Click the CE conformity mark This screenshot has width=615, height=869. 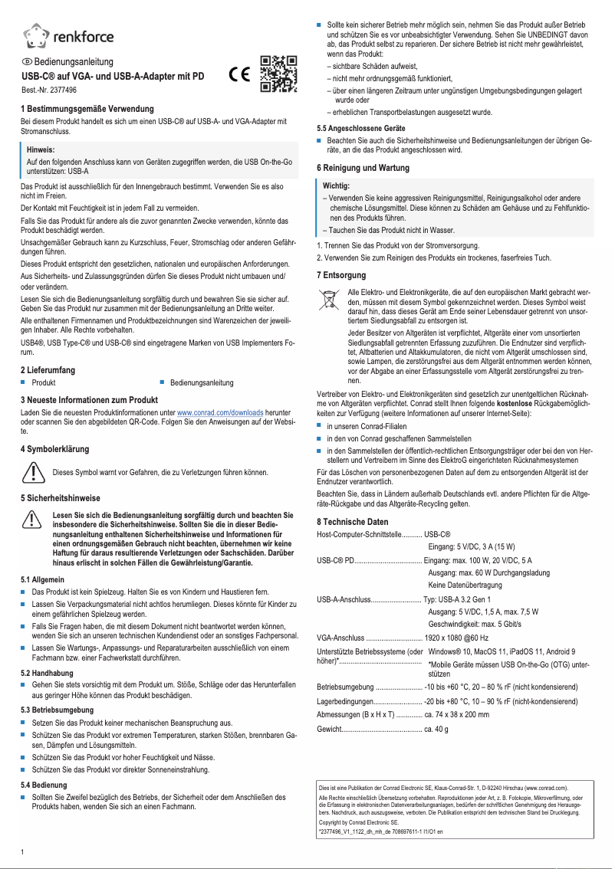pos(240,75)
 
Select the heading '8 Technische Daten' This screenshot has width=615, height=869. pos(353,521)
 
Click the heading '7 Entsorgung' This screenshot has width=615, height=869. pos(341,274)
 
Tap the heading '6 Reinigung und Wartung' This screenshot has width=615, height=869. pos(363,167)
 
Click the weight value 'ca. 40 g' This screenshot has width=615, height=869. pos(436,730)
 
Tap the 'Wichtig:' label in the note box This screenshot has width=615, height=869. pos(336,186)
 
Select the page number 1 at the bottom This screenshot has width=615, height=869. pos(23,851)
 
